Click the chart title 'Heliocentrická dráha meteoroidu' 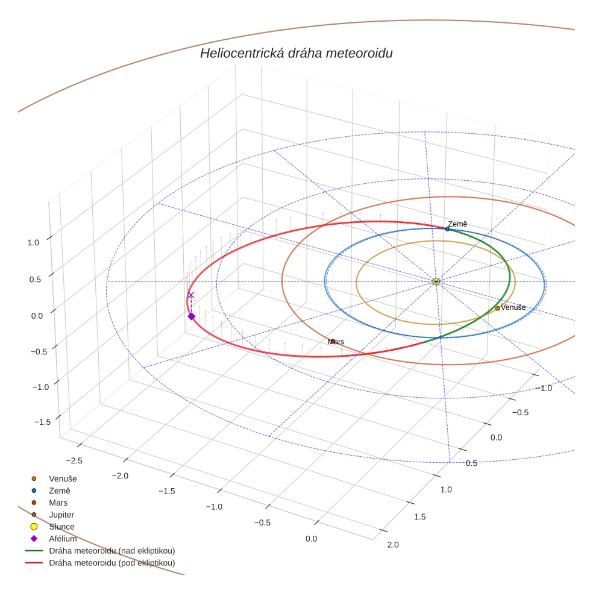pyautogui.click(x=296, y=54)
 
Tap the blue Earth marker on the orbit pyautogui.click(x=447, y=229)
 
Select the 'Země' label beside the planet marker pyautogui.click(x=457, y=224)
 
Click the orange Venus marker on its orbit pyautogui.click(x=497, y=308)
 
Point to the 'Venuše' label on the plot pyautogui.click(x=513, y=307)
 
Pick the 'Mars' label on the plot pyautogui.click(x=336, y=342)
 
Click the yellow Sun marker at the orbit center pyautogui.click(x=436, y=281)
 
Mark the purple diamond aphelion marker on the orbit pyautogui.click(x=191, y=316)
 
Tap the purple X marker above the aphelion pyautogui.click(x=191, y=295)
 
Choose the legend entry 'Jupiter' pyautogui.click(x=61, y=515)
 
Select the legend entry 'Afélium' pyautogui.click(x=62, y=539)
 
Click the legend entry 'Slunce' pyautogui.click(x=61, y=527)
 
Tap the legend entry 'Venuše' pyautogui.click(x=63, y=478)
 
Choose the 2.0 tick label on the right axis pyautogui.click(x=392, y=545)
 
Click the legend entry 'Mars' pyautogui.click(x=58, y=503)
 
